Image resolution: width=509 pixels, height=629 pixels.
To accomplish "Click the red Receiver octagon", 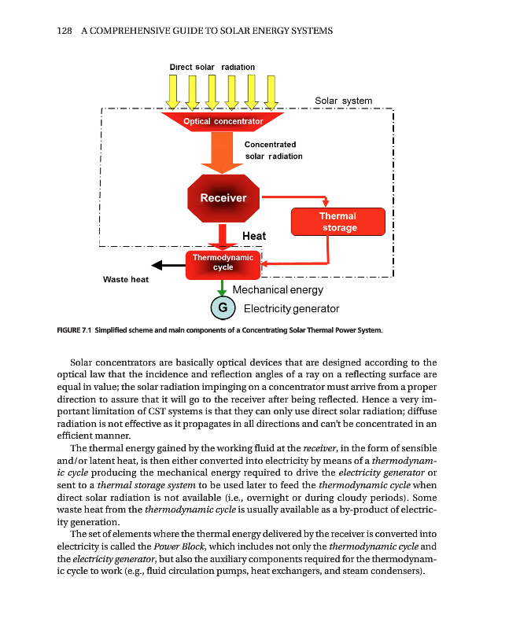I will pyautogui.click(x=223, y=197).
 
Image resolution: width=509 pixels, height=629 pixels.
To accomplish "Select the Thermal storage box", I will pyautogui.click(x=337, y=222).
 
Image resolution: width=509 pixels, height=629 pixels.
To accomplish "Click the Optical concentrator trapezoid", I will pyautogui.click(x=223, y=122).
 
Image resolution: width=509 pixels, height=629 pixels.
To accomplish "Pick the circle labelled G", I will pyautogui.click(x=223, y=308).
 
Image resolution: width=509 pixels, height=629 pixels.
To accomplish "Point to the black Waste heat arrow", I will pyautogui.click(x=167, y=265).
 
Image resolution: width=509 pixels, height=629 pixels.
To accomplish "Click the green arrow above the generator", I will pyautogui.click(x=223, y=288).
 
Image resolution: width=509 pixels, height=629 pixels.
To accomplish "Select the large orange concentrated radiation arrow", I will pyautogui.click(x=223, y=154).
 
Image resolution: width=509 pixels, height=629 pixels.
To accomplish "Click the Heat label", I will pyautogui.click(x=254, y=236).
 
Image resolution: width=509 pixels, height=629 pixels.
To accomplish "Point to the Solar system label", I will pyautogui.click(x=343, y=101).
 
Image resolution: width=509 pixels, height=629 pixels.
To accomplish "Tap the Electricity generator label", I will pyautogui.click(x=291, y=308).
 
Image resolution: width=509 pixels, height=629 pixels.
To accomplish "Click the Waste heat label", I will pyautogui.click(x=126, y=279).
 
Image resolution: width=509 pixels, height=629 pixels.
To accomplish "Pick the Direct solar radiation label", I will pyautogui.click(x=212, y=68).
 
